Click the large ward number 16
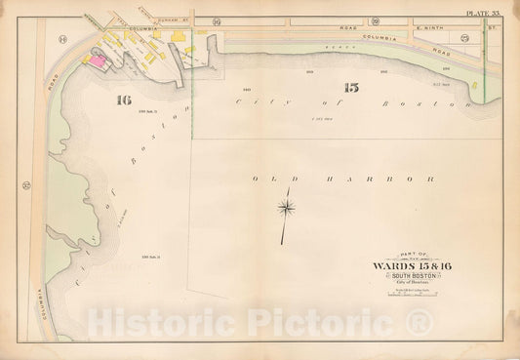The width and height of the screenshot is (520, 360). tap(122, 99)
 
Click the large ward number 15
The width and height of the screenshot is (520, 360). tap(351, 88)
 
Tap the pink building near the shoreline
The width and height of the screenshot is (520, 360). tap(98, 60)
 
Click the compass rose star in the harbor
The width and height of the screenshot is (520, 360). tap(285, 206)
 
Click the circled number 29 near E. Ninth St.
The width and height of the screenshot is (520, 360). tap(464, 37)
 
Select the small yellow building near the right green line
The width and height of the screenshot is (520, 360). tap(474, 86)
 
